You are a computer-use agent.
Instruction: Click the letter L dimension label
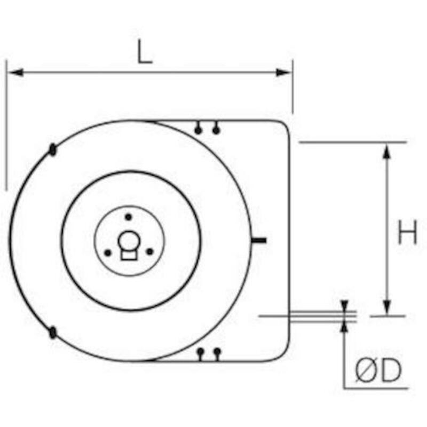tap(145, 52)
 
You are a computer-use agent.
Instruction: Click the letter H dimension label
tap(407, 232)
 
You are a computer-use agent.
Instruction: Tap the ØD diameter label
tap(378, 370)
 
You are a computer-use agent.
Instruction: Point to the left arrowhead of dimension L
tap(16, 73)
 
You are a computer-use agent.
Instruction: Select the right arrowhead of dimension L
tap(283, 73)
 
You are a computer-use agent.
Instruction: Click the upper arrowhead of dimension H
tap(387, 151)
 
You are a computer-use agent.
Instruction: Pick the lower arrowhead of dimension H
tap(387, 307)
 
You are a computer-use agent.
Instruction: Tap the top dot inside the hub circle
tap(128, 217)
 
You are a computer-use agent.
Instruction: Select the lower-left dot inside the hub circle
tap(108, 253)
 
